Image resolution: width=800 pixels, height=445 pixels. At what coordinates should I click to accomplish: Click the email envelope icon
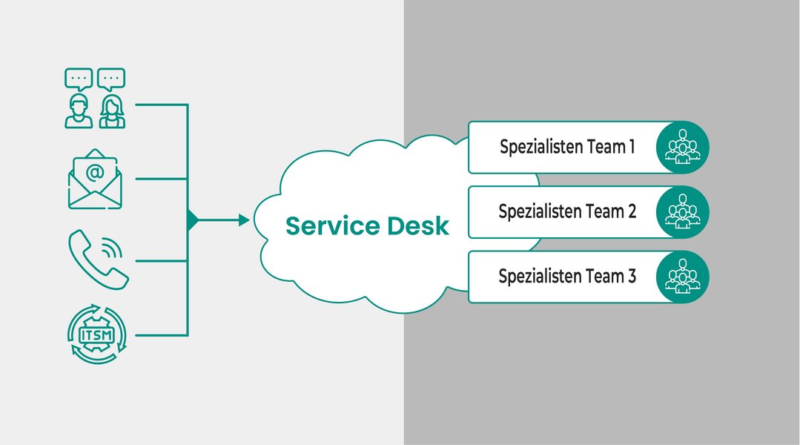(95, 179)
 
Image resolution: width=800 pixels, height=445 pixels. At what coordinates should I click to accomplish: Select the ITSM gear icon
(96, 336)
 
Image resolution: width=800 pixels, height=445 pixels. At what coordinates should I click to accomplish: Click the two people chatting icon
(95, 98)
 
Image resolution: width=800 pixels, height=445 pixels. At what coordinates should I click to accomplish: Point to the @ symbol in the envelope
(95, 173)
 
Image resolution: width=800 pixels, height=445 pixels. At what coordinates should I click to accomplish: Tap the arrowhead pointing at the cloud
(244, 220)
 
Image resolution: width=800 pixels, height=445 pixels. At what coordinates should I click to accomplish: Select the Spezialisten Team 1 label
(567, 147)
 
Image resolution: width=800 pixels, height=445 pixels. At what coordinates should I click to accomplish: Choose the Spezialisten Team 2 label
(567, 211)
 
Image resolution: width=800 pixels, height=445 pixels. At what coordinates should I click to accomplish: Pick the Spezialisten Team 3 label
(567, 277)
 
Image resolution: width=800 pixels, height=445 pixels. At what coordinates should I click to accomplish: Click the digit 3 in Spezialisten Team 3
(631, 277)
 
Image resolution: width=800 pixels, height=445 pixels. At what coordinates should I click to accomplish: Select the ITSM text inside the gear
(96, 335)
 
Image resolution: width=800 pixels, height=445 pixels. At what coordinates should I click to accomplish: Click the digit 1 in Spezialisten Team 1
(632, 147)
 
